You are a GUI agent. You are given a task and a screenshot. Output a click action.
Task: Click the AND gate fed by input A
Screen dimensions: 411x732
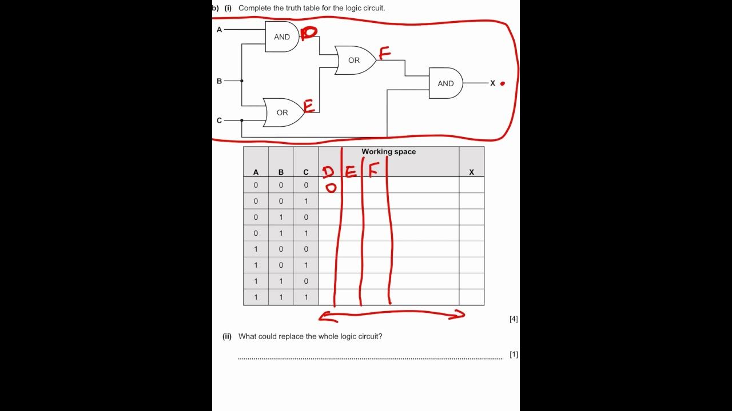282,37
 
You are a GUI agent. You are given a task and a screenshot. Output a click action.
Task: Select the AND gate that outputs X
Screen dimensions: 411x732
445,83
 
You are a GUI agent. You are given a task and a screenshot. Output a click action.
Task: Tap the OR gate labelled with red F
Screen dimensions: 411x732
355,61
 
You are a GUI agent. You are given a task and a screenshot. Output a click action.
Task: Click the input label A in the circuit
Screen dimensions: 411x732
219,29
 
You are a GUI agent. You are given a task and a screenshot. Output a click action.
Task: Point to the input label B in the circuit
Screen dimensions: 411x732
219,81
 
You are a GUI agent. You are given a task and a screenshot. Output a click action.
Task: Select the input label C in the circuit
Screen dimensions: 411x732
219,120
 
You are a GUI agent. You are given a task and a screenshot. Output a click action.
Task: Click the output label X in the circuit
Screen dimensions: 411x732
492,83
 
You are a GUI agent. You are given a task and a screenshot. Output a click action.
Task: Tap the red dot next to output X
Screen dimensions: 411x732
503,83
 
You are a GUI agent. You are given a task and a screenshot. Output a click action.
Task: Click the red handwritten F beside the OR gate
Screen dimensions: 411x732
384,54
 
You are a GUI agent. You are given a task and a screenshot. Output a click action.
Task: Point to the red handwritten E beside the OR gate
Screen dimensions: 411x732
309,106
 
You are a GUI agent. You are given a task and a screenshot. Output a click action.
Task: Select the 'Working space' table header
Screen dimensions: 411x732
388,152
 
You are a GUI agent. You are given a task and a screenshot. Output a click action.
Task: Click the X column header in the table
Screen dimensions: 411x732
471,172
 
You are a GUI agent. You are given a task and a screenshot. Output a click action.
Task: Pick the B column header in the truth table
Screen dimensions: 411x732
281,172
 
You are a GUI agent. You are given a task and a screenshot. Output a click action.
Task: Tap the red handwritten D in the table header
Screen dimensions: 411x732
328,171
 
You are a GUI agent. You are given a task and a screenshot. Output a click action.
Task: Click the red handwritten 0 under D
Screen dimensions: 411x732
331,188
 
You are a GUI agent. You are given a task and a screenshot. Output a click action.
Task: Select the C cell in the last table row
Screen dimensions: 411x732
306,297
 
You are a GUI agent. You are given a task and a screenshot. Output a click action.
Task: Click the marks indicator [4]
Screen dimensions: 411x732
514,319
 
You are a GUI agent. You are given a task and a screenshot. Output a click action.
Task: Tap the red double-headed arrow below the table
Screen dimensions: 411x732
392,315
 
